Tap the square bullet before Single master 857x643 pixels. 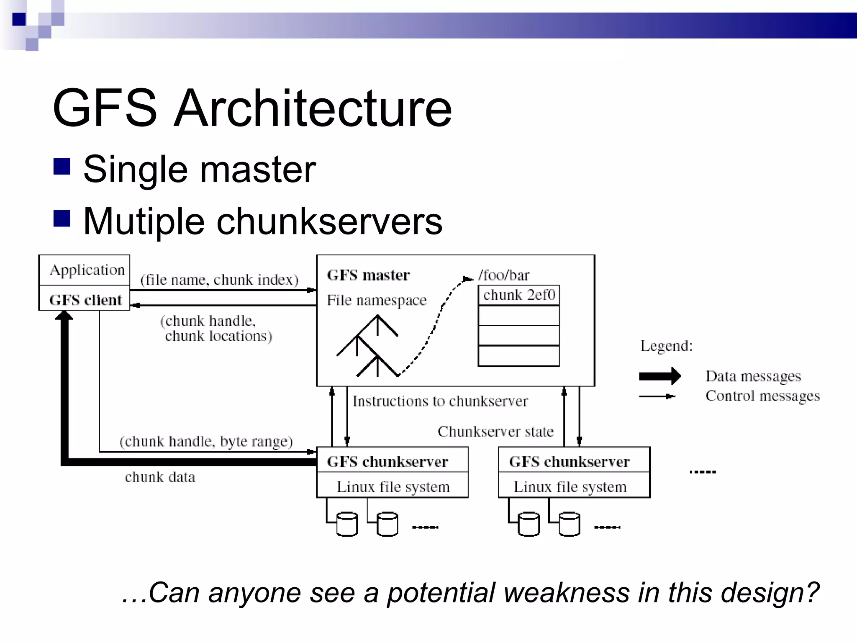62,166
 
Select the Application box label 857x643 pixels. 87,270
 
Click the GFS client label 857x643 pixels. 85,300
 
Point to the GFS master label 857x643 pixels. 368,275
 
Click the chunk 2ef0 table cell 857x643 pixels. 519,295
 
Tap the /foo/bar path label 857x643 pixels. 504,275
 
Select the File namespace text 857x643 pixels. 377,300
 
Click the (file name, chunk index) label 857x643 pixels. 219,280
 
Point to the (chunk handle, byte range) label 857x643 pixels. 206,441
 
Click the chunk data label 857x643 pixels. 160,477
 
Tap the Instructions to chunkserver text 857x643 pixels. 440,401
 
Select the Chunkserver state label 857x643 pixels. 495,431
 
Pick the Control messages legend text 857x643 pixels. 762,396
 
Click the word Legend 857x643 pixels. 666,346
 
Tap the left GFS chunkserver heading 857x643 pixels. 387,461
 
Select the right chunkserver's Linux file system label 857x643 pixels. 570,487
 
